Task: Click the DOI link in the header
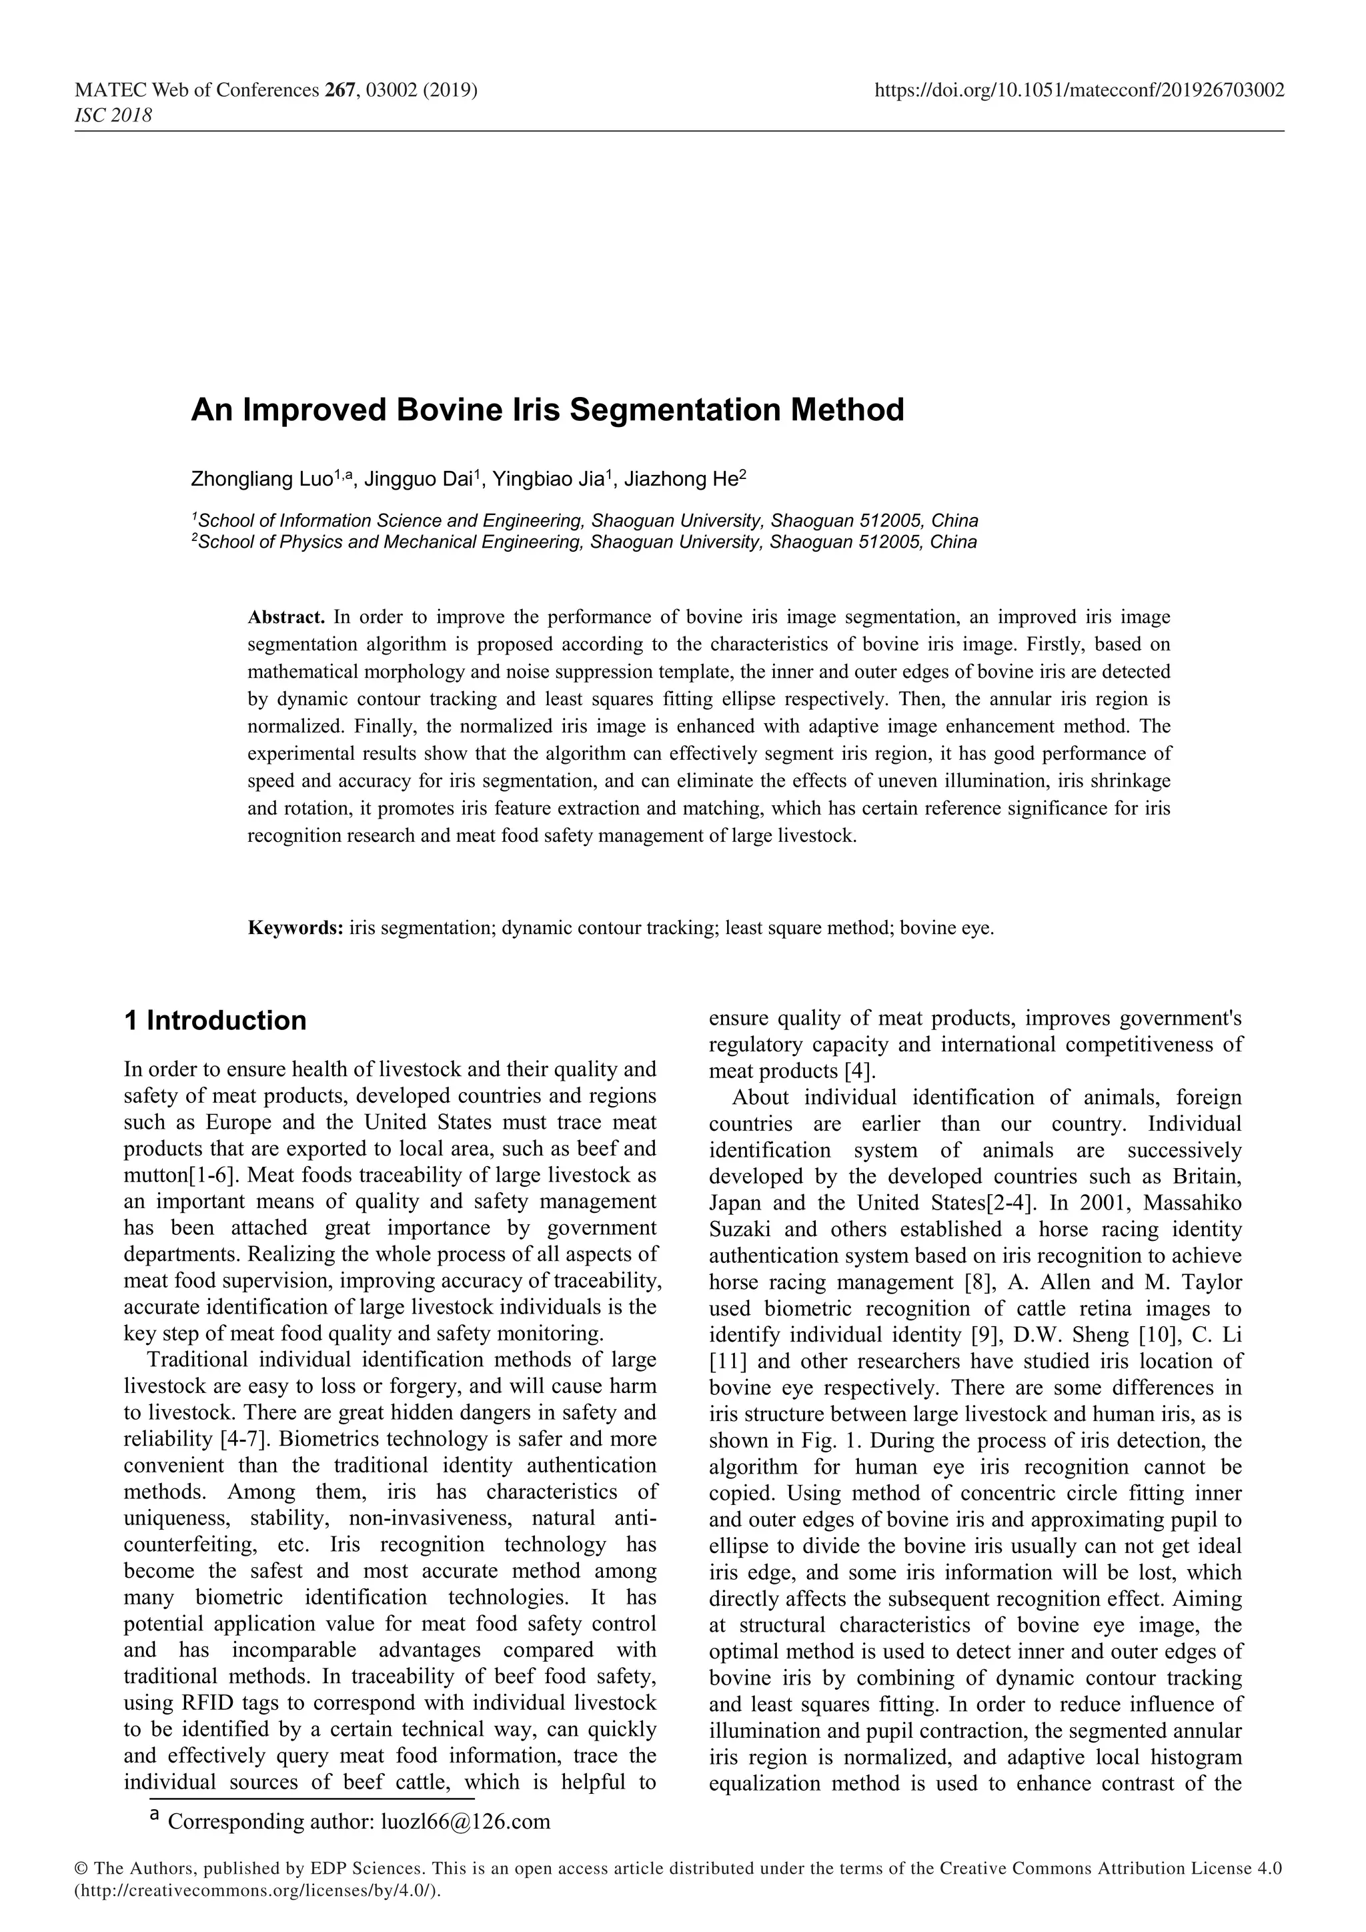click(x=1079, y=90)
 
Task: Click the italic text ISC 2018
click(x=113, y=115)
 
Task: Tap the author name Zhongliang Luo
click(x=261, y=480)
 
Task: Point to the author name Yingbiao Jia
click(x=548, y=480)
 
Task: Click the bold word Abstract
click(x=286, y=617)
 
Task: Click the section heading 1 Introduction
click(x=215, y=1021)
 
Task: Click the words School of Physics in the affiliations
click(x=270, y=542)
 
